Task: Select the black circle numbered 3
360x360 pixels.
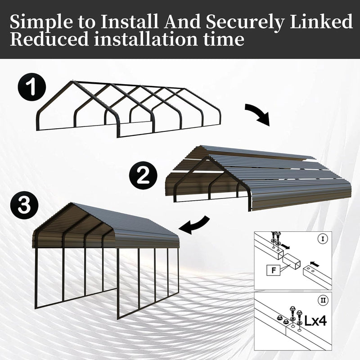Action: pyautogui.click(x=25, y=206)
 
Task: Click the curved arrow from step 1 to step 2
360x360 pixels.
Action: pyautogui.click(x=258, y=114)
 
